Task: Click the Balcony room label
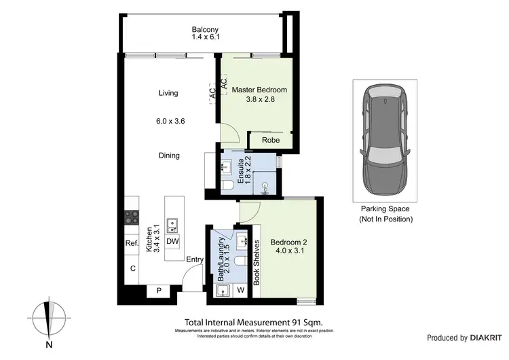pos(205,30)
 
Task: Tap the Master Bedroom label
pos(259,90)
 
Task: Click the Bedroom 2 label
pos(289,242)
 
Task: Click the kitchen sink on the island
pos(172,223)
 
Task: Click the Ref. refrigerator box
pos(131,242)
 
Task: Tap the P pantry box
pos(159,291)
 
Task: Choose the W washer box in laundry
pos(241,291)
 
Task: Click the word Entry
pos(195,259)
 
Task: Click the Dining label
pos(169,156)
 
